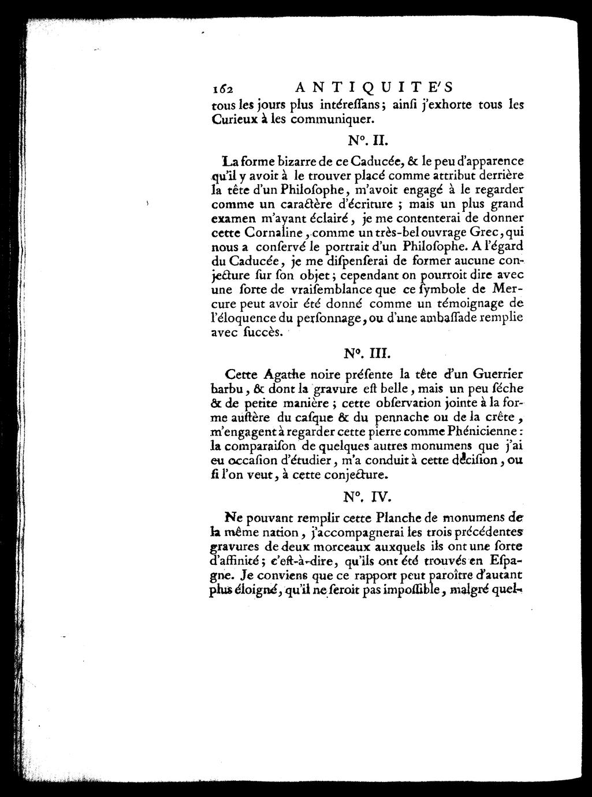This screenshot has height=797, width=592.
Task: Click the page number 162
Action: pos(222,89)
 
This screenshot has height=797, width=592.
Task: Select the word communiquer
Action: pos(333,121)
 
